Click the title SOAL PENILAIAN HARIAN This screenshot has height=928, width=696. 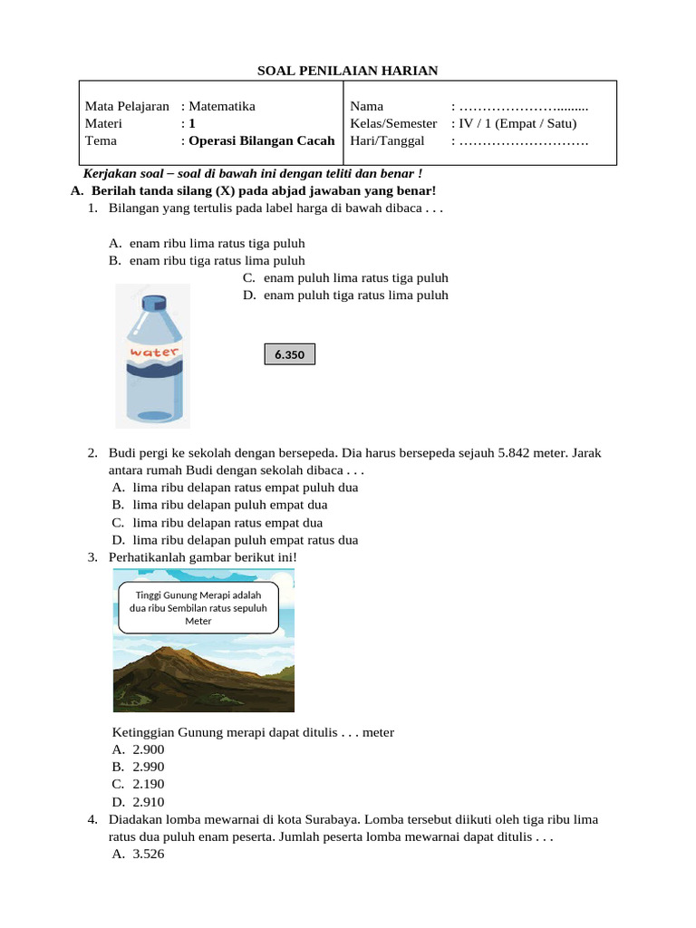tap(348, 71)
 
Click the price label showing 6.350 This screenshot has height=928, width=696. tap(290, 354)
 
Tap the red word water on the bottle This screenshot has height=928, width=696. tap(155, 352)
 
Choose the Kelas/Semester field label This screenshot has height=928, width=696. tap(393, 123)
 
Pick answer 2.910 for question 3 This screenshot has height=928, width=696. tap(148, 801)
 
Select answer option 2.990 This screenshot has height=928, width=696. tap(148, 767)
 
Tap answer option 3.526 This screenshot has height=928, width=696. tap(148, 854)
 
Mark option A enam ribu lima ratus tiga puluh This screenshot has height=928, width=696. tap(217, 243)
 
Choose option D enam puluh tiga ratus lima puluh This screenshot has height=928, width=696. tap(356, 295)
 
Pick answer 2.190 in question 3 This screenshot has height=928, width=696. tap(148, 784)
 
